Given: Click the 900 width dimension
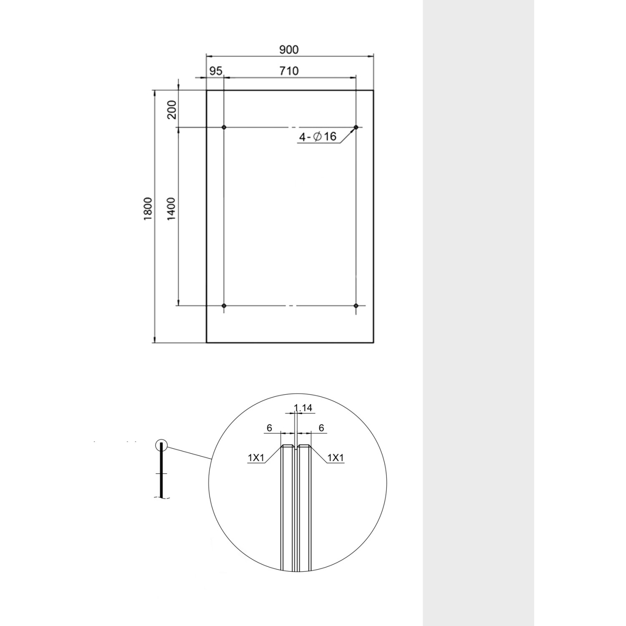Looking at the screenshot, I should point(289,50).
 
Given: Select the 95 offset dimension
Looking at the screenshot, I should point(215,71).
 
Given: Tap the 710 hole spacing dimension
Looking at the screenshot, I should point(289,71).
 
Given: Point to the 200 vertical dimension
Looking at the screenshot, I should point(172,110).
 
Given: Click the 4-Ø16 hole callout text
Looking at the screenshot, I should point(318,136).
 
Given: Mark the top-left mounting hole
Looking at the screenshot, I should point(224,127).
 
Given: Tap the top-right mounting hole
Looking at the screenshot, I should point(356,127).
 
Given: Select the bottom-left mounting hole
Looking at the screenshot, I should point(224,306).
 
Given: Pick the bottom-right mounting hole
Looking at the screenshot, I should point(356,306).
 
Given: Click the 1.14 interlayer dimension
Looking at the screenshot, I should point(303,408).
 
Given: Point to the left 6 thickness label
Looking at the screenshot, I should point(269,428).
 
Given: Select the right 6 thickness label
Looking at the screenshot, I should point(321,428).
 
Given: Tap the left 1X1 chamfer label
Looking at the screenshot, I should point(256,458).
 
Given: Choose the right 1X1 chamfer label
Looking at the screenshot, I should point(336,458).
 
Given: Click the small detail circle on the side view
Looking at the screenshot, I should point(161,446).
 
